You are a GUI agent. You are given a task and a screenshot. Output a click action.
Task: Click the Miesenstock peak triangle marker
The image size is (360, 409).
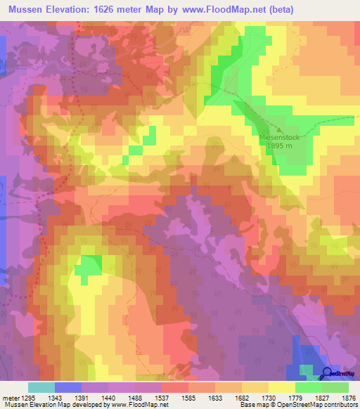tap(280, 130)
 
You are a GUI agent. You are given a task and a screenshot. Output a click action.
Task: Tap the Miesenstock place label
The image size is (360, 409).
tap(280, 138)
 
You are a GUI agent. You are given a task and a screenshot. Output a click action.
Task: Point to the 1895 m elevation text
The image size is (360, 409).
tap(280, 147)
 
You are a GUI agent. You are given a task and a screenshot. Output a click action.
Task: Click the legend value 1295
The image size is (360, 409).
tap(29, 397)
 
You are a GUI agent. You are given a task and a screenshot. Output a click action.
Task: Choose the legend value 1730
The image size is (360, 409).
tap(268, 397)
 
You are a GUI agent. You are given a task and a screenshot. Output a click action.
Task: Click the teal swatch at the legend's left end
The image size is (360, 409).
tap(41, 387)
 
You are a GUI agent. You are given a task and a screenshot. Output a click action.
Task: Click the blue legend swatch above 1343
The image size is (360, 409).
tap(68, 387)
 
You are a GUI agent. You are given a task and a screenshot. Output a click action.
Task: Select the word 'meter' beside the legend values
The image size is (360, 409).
tap(9, 397)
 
